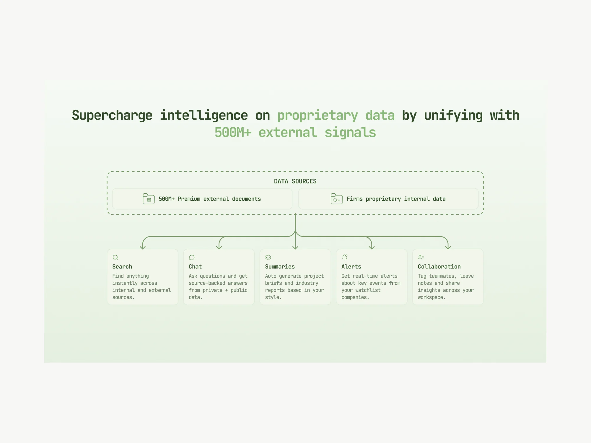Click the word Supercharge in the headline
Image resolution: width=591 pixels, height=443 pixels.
112,115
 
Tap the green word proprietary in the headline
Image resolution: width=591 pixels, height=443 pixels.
318,115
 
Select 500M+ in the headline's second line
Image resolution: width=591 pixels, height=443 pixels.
233,132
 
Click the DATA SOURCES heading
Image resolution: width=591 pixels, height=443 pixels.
295,181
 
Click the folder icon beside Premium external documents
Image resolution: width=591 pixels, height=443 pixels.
149,199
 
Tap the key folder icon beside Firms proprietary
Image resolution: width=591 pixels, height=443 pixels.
336,199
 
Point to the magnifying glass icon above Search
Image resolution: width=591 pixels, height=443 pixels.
115,258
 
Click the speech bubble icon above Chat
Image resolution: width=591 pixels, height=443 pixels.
192,258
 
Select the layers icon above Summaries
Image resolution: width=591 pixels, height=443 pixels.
268,258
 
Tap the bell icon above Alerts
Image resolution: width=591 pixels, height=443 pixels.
345,257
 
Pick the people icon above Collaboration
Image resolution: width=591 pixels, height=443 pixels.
421,257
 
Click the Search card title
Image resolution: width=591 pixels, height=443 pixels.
122,267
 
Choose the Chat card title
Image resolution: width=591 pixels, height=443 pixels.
195,267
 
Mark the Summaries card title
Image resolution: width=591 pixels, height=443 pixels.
280,267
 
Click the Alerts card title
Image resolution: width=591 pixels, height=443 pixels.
351,267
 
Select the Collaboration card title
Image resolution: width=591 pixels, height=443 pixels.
439,267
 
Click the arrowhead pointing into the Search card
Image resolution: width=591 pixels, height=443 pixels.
143,247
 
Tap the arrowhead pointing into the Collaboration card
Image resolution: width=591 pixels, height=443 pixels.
448,247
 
